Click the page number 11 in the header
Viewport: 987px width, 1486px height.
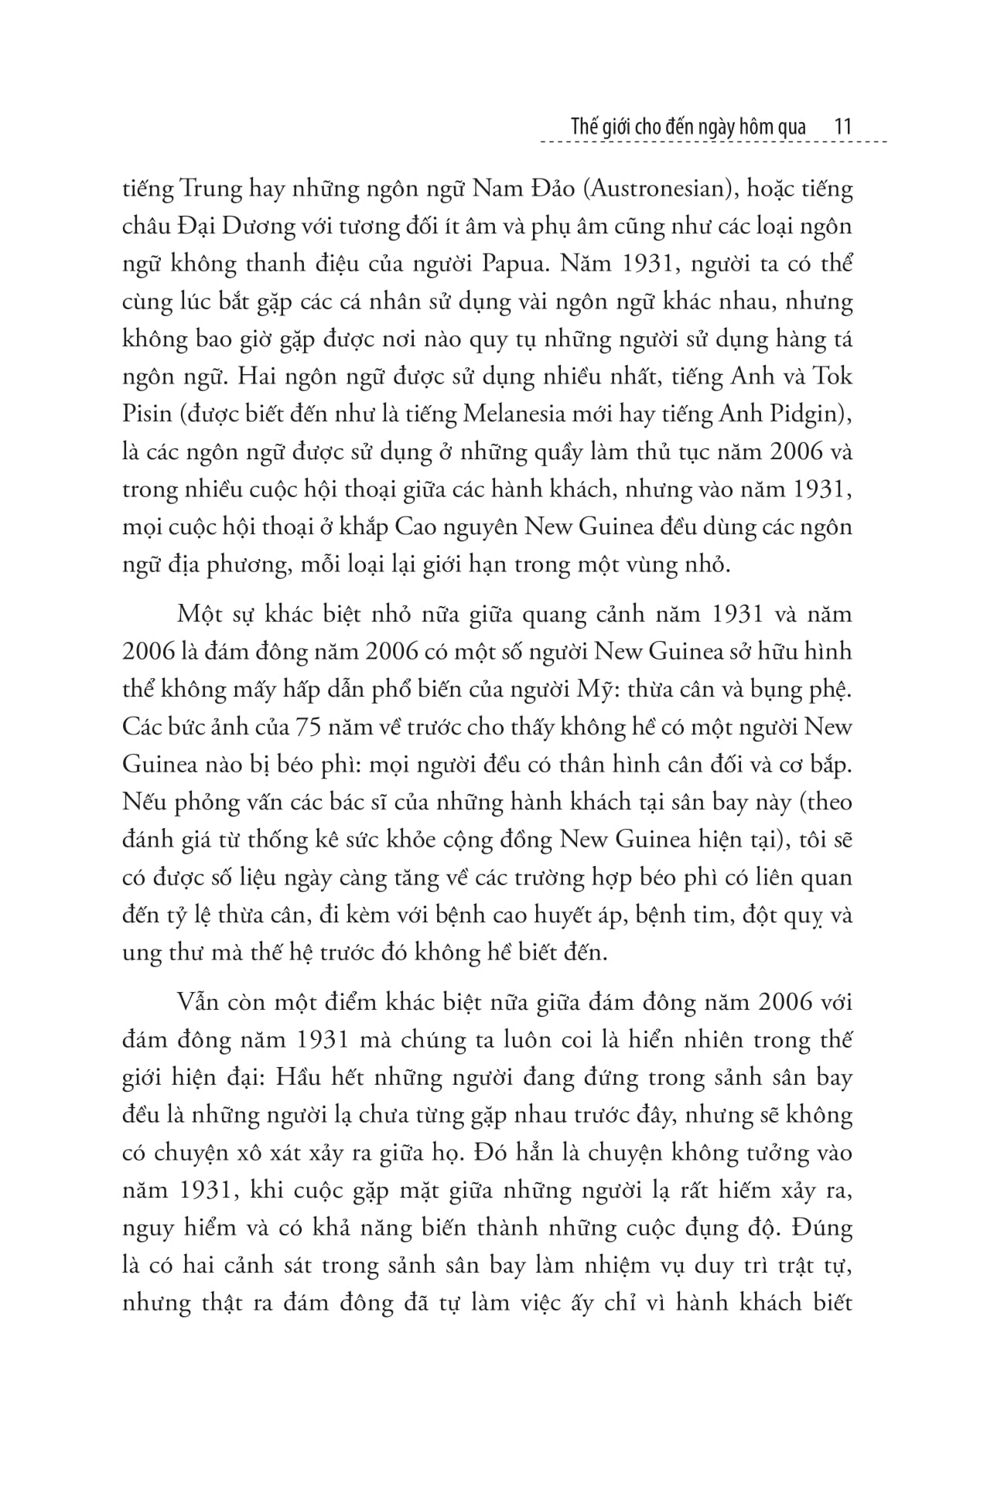[843, 126]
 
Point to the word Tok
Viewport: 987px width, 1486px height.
[830, 377]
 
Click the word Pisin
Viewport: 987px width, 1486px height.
[146, 415]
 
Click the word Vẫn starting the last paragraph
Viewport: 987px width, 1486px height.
[199, 1002]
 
